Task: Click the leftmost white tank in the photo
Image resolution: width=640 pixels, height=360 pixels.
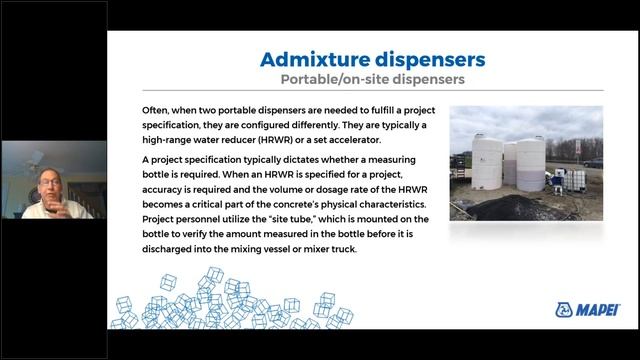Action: (487, 163)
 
